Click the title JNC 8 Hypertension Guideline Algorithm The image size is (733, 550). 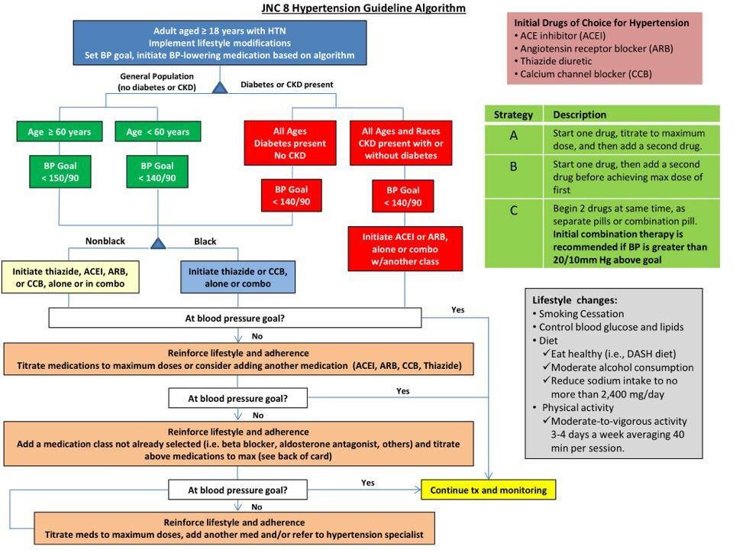click(x=363, y=8)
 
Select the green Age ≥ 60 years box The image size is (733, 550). click(x=59, y=132)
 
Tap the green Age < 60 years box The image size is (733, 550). click(x=158, y=132)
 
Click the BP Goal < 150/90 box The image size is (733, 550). click(x=59, y=172)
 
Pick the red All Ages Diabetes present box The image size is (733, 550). click(x=289, y=144)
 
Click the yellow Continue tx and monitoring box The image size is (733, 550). click(x=489, y=490)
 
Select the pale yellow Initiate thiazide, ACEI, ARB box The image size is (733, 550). click(x=69, y=277)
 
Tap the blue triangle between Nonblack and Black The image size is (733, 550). click(x=158, y=243)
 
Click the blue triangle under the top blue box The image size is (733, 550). click(x=220, y=88)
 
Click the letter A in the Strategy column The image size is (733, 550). click(x=513, y=135)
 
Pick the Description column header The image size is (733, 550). click(x=580, y=115)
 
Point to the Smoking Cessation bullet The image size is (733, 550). click(x=581, y=313)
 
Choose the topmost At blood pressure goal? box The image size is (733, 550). click(x=236, y=317)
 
